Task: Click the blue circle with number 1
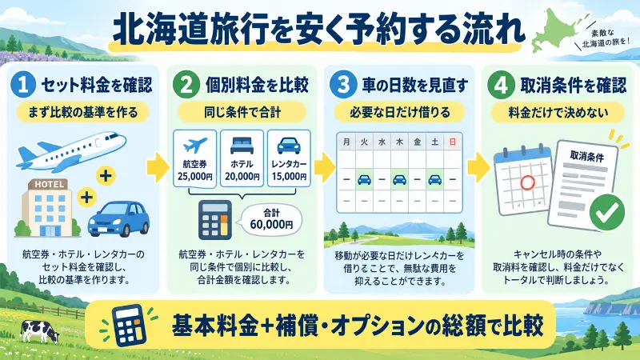[x=23, y=85]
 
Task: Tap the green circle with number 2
[x=186, y=85]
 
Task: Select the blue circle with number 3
[x=343, y=85]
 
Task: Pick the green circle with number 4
[x=502, y=85]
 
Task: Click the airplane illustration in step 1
[x=70, y=150]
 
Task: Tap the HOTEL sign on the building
[x=49, y=185]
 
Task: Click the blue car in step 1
[x=118, y=218]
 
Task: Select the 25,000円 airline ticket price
[x=195, y=177]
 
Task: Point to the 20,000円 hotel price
[x=242, y=177]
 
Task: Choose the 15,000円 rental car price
[x=289, y=177]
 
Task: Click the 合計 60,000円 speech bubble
[x=270, y=219]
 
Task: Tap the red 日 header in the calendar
[x=452, y=142]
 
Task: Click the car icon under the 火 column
[x=364, y=179]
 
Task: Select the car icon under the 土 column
[x=434, y=179]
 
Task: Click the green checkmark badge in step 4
[x=607, y=212]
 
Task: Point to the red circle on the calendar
[x=527, y=182]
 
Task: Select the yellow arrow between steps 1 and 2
[x=158, y=167]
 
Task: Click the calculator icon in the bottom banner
[x=129, y=326]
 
